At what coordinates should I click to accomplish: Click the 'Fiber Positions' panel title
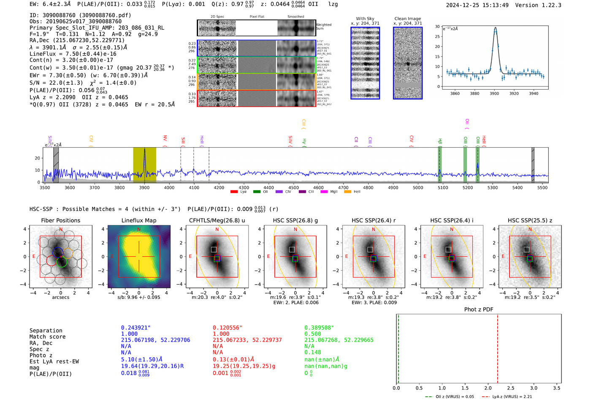point(60,220)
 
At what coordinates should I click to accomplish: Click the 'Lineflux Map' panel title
point(139,220)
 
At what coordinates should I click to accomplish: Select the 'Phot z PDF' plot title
point(479,310)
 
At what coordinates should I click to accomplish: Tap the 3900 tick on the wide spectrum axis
point(144,188)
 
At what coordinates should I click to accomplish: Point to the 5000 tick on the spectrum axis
point(418,188)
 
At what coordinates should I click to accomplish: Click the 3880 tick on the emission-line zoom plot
point(474,93)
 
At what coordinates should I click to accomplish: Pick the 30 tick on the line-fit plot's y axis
point(437,27)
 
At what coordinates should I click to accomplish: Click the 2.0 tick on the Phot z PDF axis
point(488,388)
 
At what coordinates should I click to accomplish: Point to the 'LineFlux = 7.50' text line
point(73,54)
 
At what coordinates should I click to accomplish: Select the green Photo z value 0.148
point(313,352)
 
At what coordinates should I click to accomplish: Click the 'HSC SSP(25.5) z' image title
point(530,220)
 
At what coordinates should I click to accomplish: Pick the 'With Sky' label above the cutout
point(365,19)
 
